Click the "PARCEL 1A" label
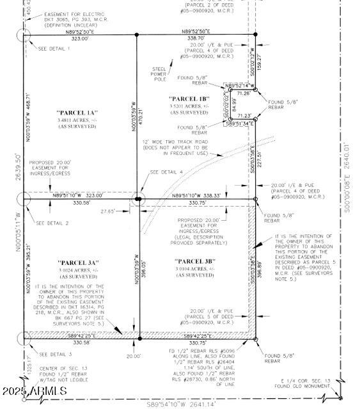(75, 112)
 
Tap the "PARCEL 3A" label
(76, 263)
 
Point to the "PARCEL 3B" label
(196, 261)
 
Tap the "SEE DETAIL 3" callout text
(55, 354)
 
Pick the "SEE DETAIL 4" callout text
(166, 172)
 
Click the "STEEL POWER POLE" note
(160, 74)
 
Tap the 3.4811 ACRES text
(75, 120)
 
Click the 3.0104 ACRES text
(196, 269)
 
